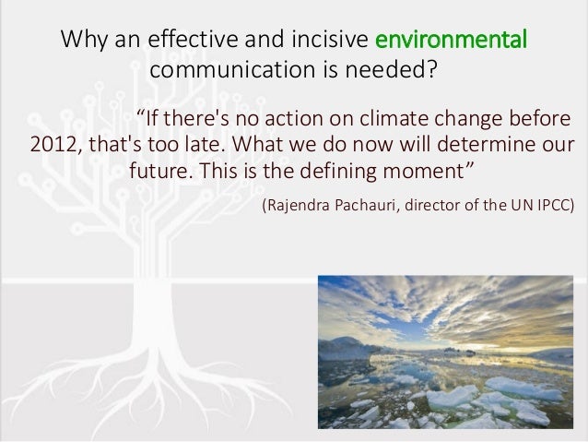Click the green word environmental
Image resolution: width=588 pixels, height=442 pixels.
[451, 42]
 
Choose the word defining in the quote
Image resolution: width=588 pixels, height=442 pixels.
[320, 173]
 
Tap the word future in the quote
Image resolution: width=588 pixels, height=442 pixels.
[162, 173]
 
